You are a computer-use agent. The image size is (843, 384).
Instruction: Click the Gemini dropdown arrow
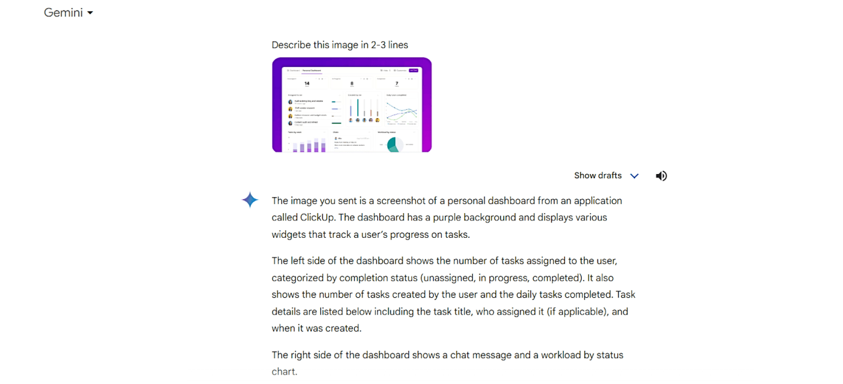tap(90, 13)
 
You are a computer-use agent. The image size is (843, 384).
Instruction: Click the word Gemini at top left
tap(63, 13)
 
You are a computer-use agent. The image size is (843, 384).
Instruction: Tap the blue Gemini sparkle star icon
tap(250, 200)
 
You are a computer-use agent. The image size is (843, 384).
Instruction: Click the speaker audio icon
tap(661, 176)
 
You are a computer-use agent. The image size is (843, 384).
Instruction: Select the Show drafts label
tap(597, 176)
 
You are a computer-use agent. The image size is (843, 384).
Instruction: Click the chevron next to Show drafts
tap(634, 176)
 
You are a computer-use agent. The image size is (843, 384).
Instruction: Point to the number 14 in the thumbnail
tap(307, 83)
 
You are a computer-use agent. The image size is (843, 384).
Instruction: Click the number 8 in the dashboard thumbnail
tap(352, 83)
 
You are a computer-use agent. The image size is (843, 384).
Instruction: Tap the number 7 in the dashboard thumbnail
tap(397, 83)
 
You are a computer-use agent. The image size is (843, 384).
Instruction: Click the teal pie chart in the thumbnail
tap(393, 145)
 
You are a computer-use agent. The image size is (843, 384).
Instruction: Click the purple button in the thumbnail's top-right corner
tap(414, 70)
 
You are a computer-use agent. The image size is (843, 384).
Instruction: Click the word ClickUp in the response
tap(317, 217)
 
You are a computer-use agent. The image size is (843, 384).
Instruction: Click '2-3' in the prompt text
tap(378, 45)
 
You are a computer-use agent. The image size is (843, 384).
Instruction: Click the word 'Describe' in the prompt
tap(291, 45)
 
